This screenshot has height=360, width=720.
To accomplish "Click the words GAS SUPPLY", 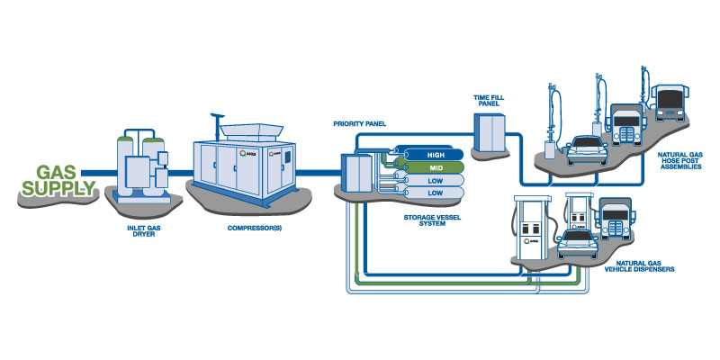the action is click(x=59, y=181).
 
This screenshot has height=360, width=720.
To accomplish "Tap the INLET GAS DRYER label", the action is click(x=141, y=231).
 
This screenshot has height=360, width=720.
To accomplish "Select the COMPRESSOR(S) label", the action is click(x=255, y=228).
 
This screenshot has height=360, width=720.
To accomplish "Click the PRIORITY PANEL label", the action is click(x=359, y=124).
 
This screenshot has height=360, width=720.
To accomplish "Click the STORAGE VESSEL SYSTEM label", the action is click(x=432, y=220).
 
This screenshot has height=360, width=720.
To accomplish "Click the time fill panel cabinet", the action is click(x=490, y=133).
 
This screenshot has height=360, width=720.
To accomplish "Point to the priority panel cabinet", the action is click(x=356, y=172).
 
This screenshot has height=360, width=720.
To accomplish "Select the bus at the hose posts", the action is click(x=670, y=103).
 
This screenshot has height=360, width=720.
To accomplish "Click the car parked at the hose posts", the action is click(x=587, y=149).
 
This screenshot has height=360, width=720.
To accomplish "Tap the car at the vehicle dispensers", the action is click(x=578, y=245).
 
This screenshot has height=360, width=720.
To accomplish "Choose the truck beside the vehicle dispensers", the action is click(x=615, y=219).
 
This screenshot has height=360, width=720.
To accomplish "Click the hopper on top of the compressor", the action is click(x=251, y=132).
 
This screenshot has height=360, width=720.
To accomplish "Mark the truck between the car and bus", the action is click(x=625, y=125).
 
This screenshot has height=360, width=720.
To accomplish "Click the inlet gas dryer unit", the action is click(x=142, y=166).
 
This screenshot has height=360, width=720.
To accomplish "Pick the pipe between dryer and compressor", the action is click(x=182, y=173).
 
